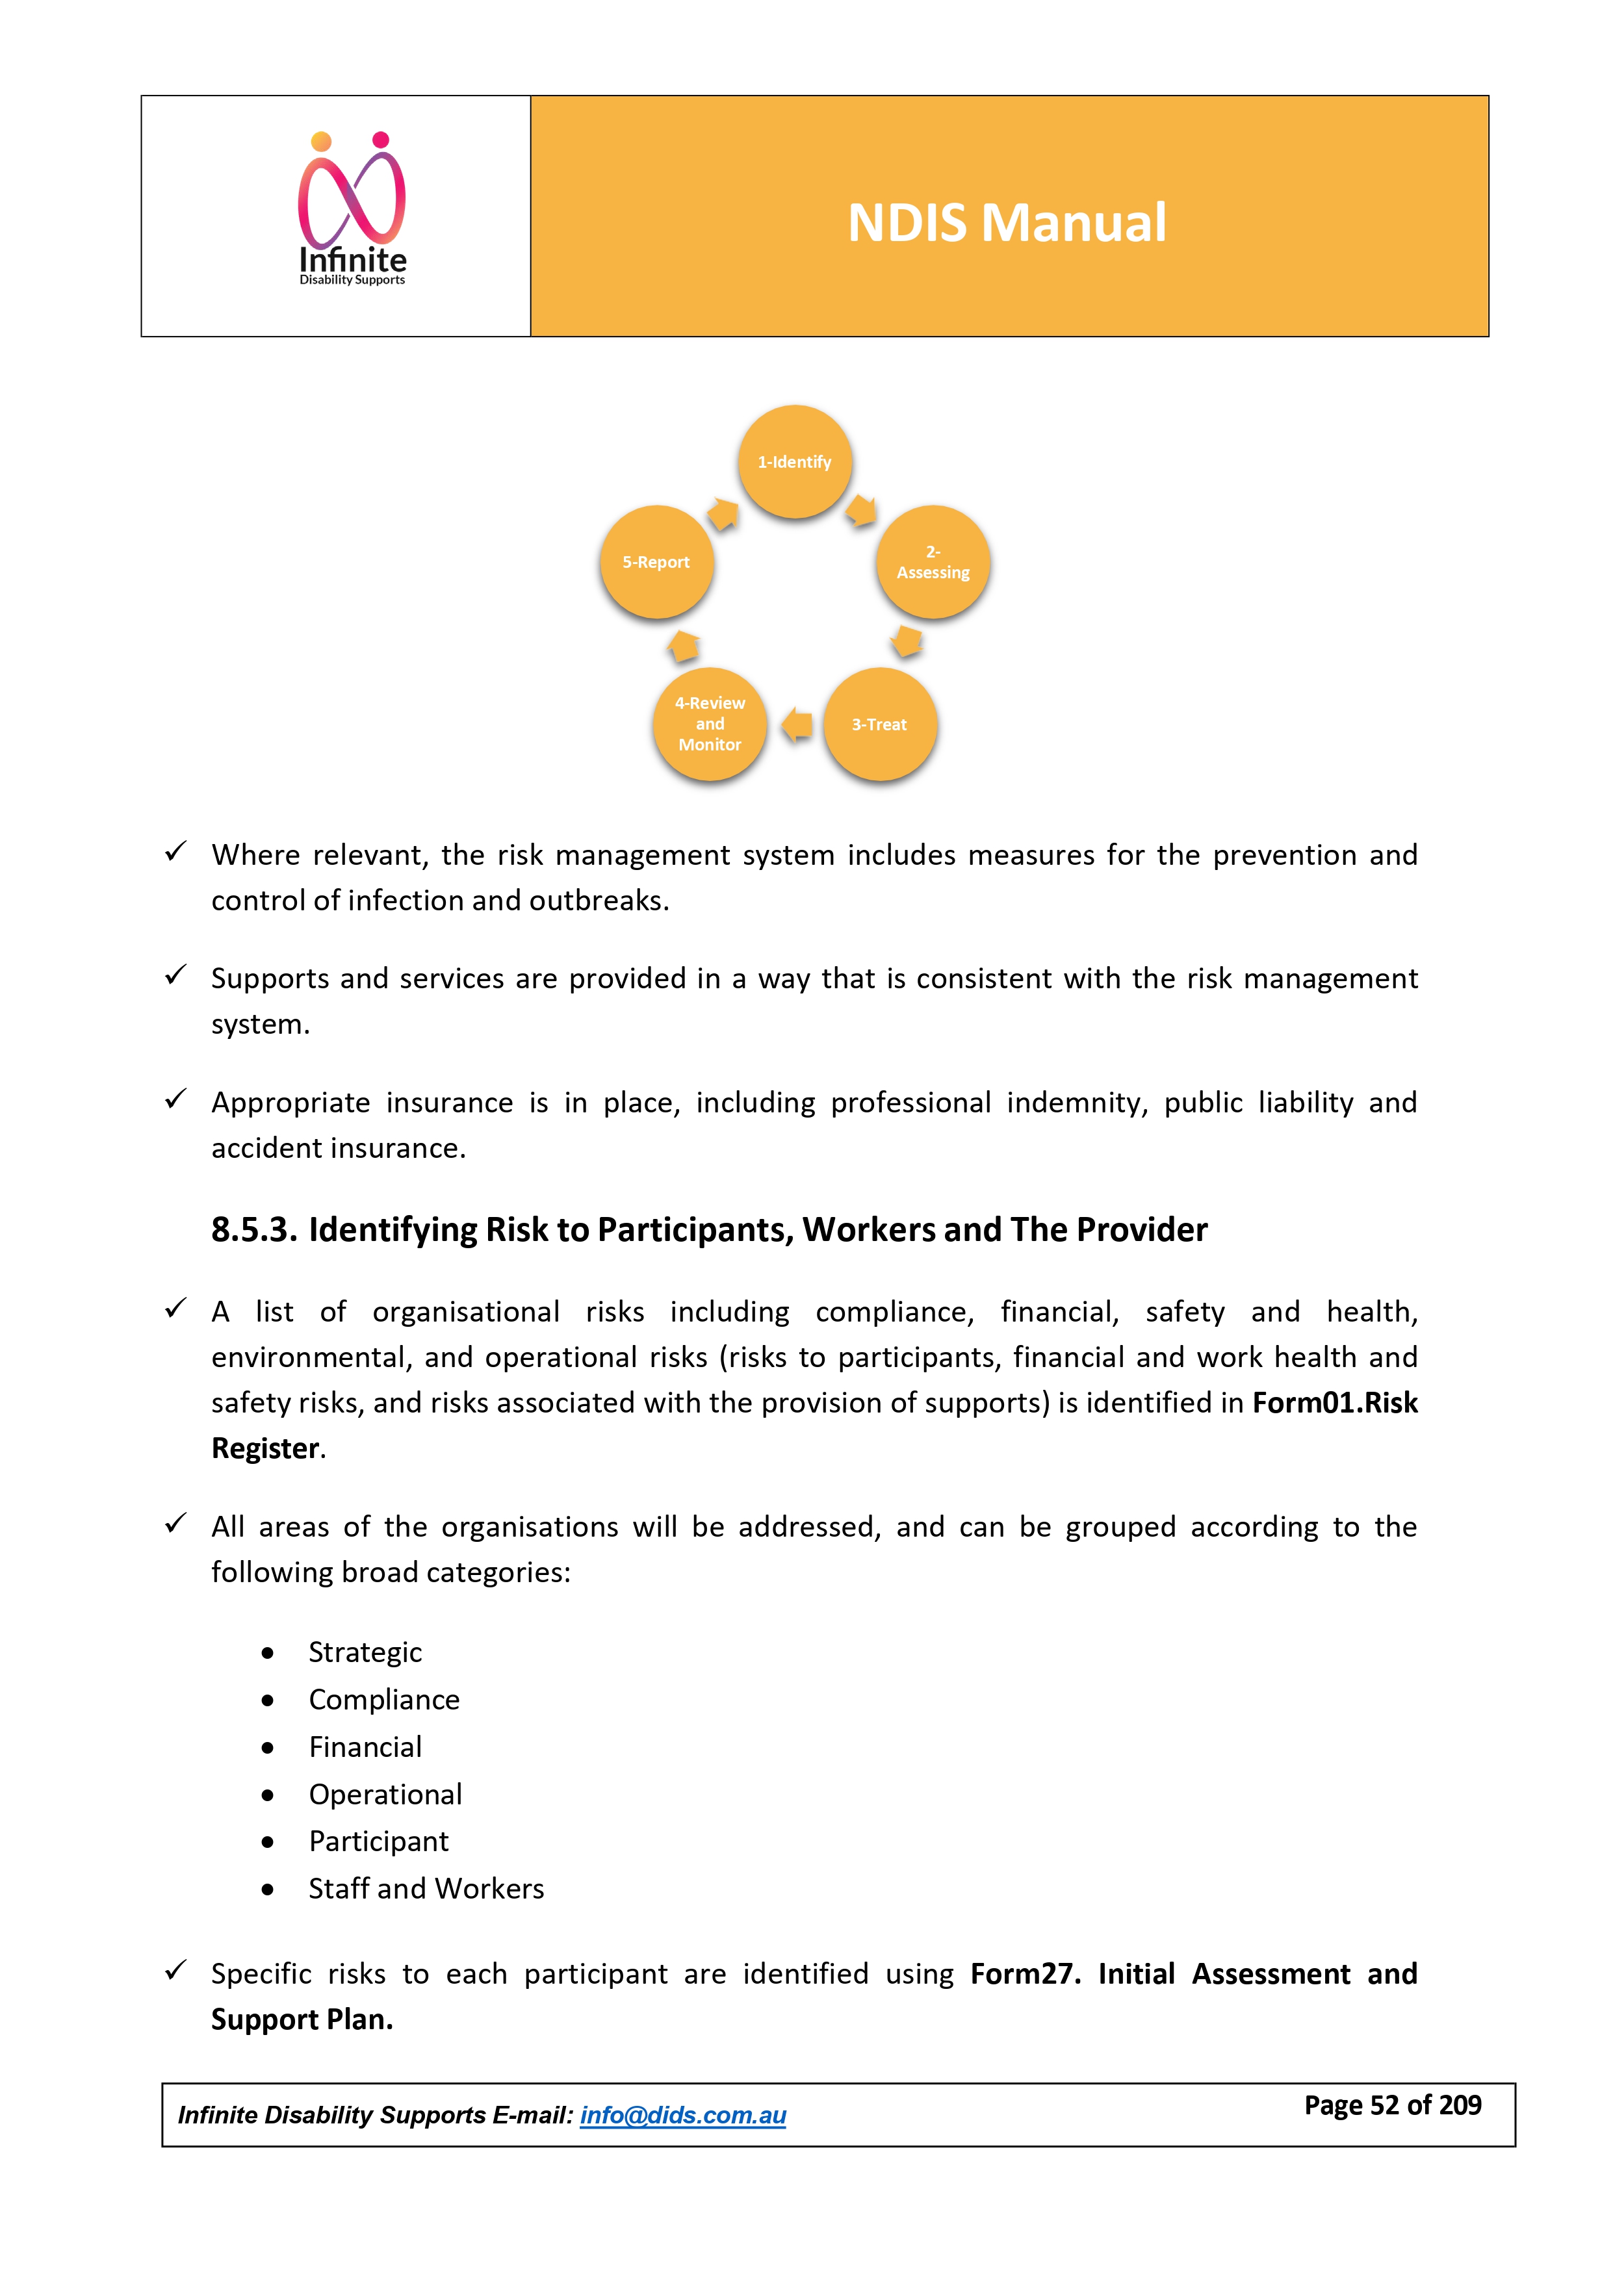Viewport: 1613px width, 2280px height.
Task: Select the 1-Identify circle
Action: point(795,462)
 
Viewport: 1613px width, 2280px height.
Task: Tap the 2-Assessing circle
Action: point(933,562)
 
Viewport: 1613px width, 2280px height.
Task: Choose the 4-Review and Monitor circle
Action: point(709,724)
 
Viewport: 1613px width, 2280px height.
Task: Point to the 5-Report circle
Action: point(656,562)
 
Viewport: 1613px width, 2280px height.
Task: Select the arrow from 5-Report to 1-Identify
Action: point(723,513)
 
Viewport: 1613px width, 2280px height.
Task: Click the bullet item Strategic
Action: point(365,1652)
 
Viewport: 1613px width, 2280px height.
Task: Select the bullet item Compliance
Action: point(383,1699)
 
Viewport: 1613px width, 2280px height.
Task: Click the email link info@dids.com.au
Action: point(682,2114)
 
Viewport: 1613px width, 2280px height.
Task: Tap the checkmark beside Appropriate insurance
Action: point(176,1099)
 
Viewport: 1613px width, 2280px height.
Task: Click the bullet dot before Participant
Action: point(267,1842)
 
